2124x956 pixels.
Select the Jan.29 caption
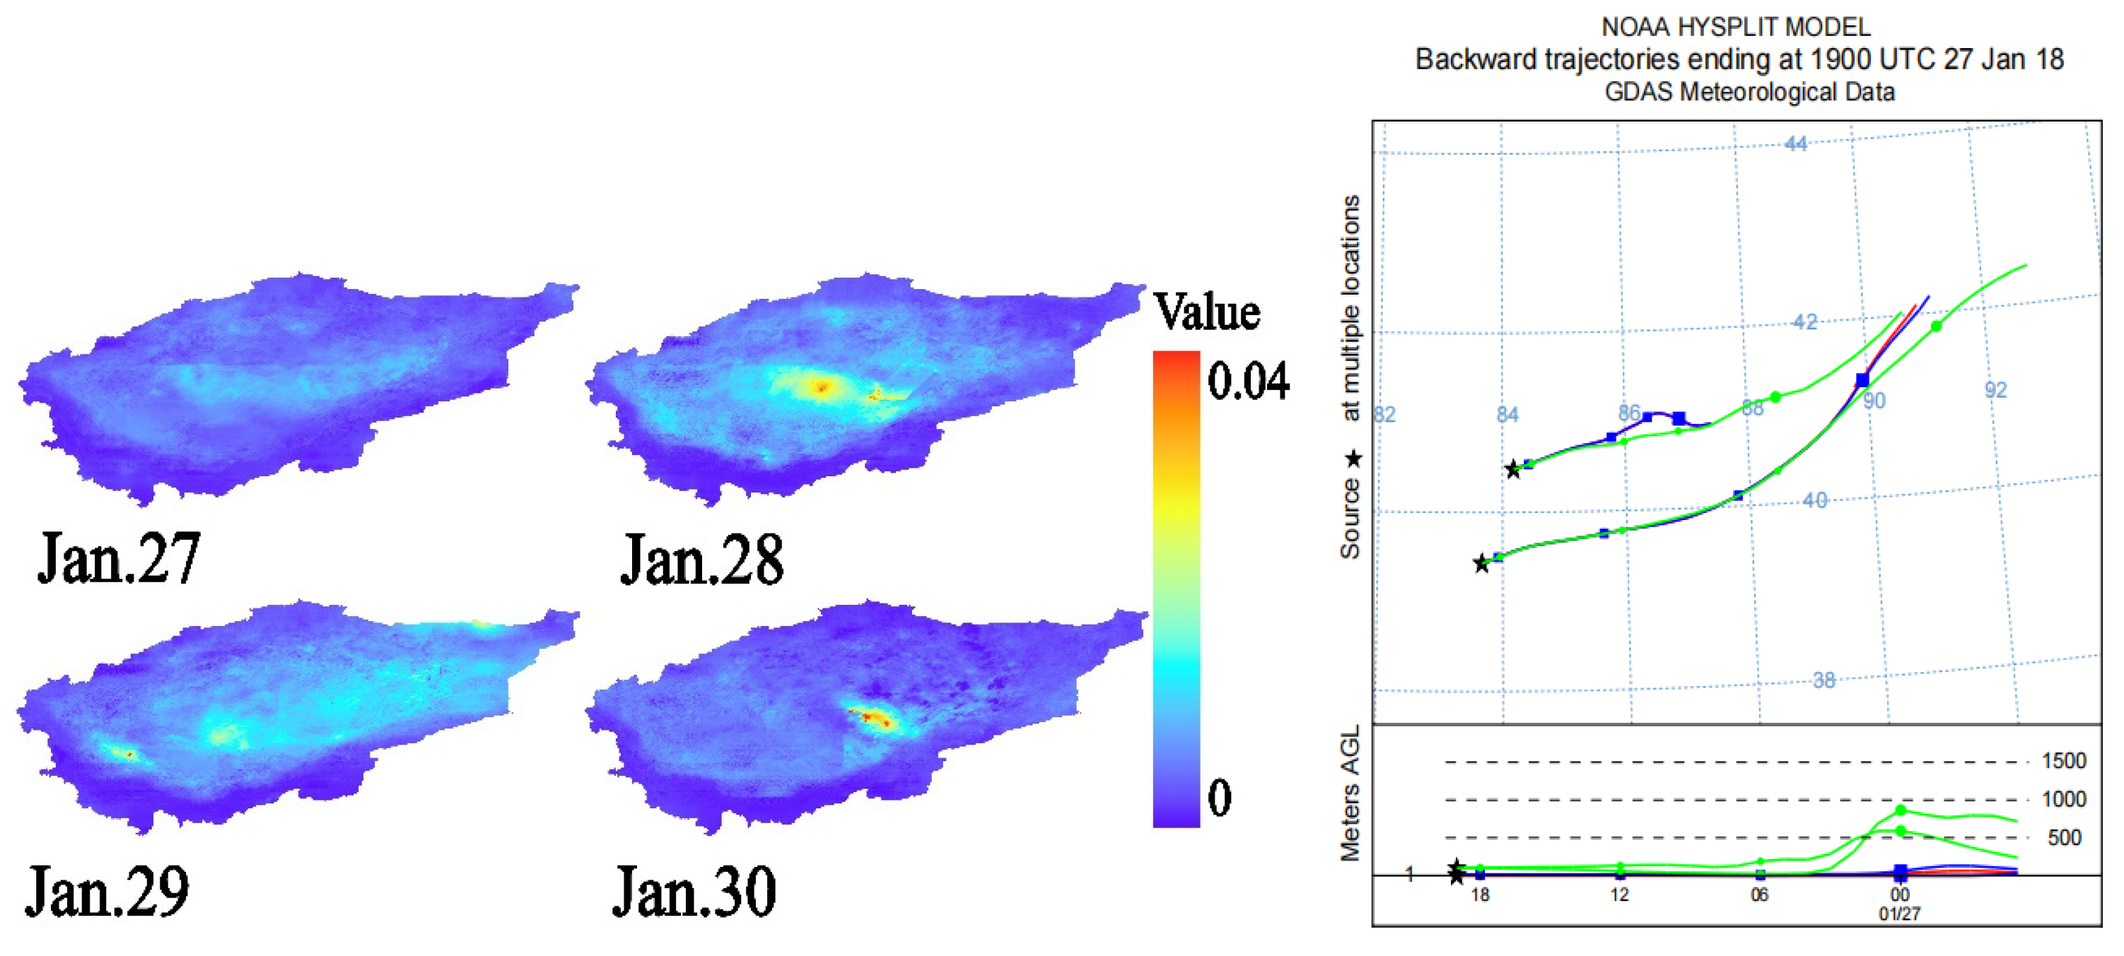[x=107, y=891]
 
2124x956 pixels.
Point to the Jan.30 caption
[x=694, y=891]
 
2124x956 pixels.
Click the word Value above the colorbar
[x=1206, y=312]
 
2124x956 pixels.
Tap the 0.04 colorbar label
[x=1247, y=382]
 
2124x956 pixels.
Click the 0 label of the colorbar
[x=1220, y=797]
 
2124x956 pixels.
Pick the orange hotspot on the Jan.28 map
[x=820, y=386]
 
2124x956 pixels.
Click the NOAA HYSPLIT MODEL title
[x=1736, y=27]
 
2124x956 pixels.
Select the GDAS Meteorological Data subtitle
[x=1749, y=91]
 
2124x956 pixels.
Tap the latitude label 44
[x=1795, y=144]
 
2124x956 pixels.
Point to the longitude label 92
[x=1995, y=391]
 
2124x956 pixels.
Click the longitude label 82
[x=1384, y=415]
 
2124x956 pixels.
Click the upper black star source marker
[x=1512, y=471]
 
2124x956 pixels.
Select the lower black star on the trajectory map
[x=1481, y=565]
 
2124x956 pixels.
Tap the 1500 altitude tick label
[x=2063, y=761]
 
